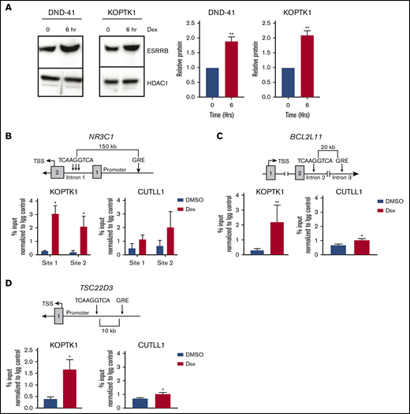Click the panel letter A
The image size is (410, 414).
coord(8,8)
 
